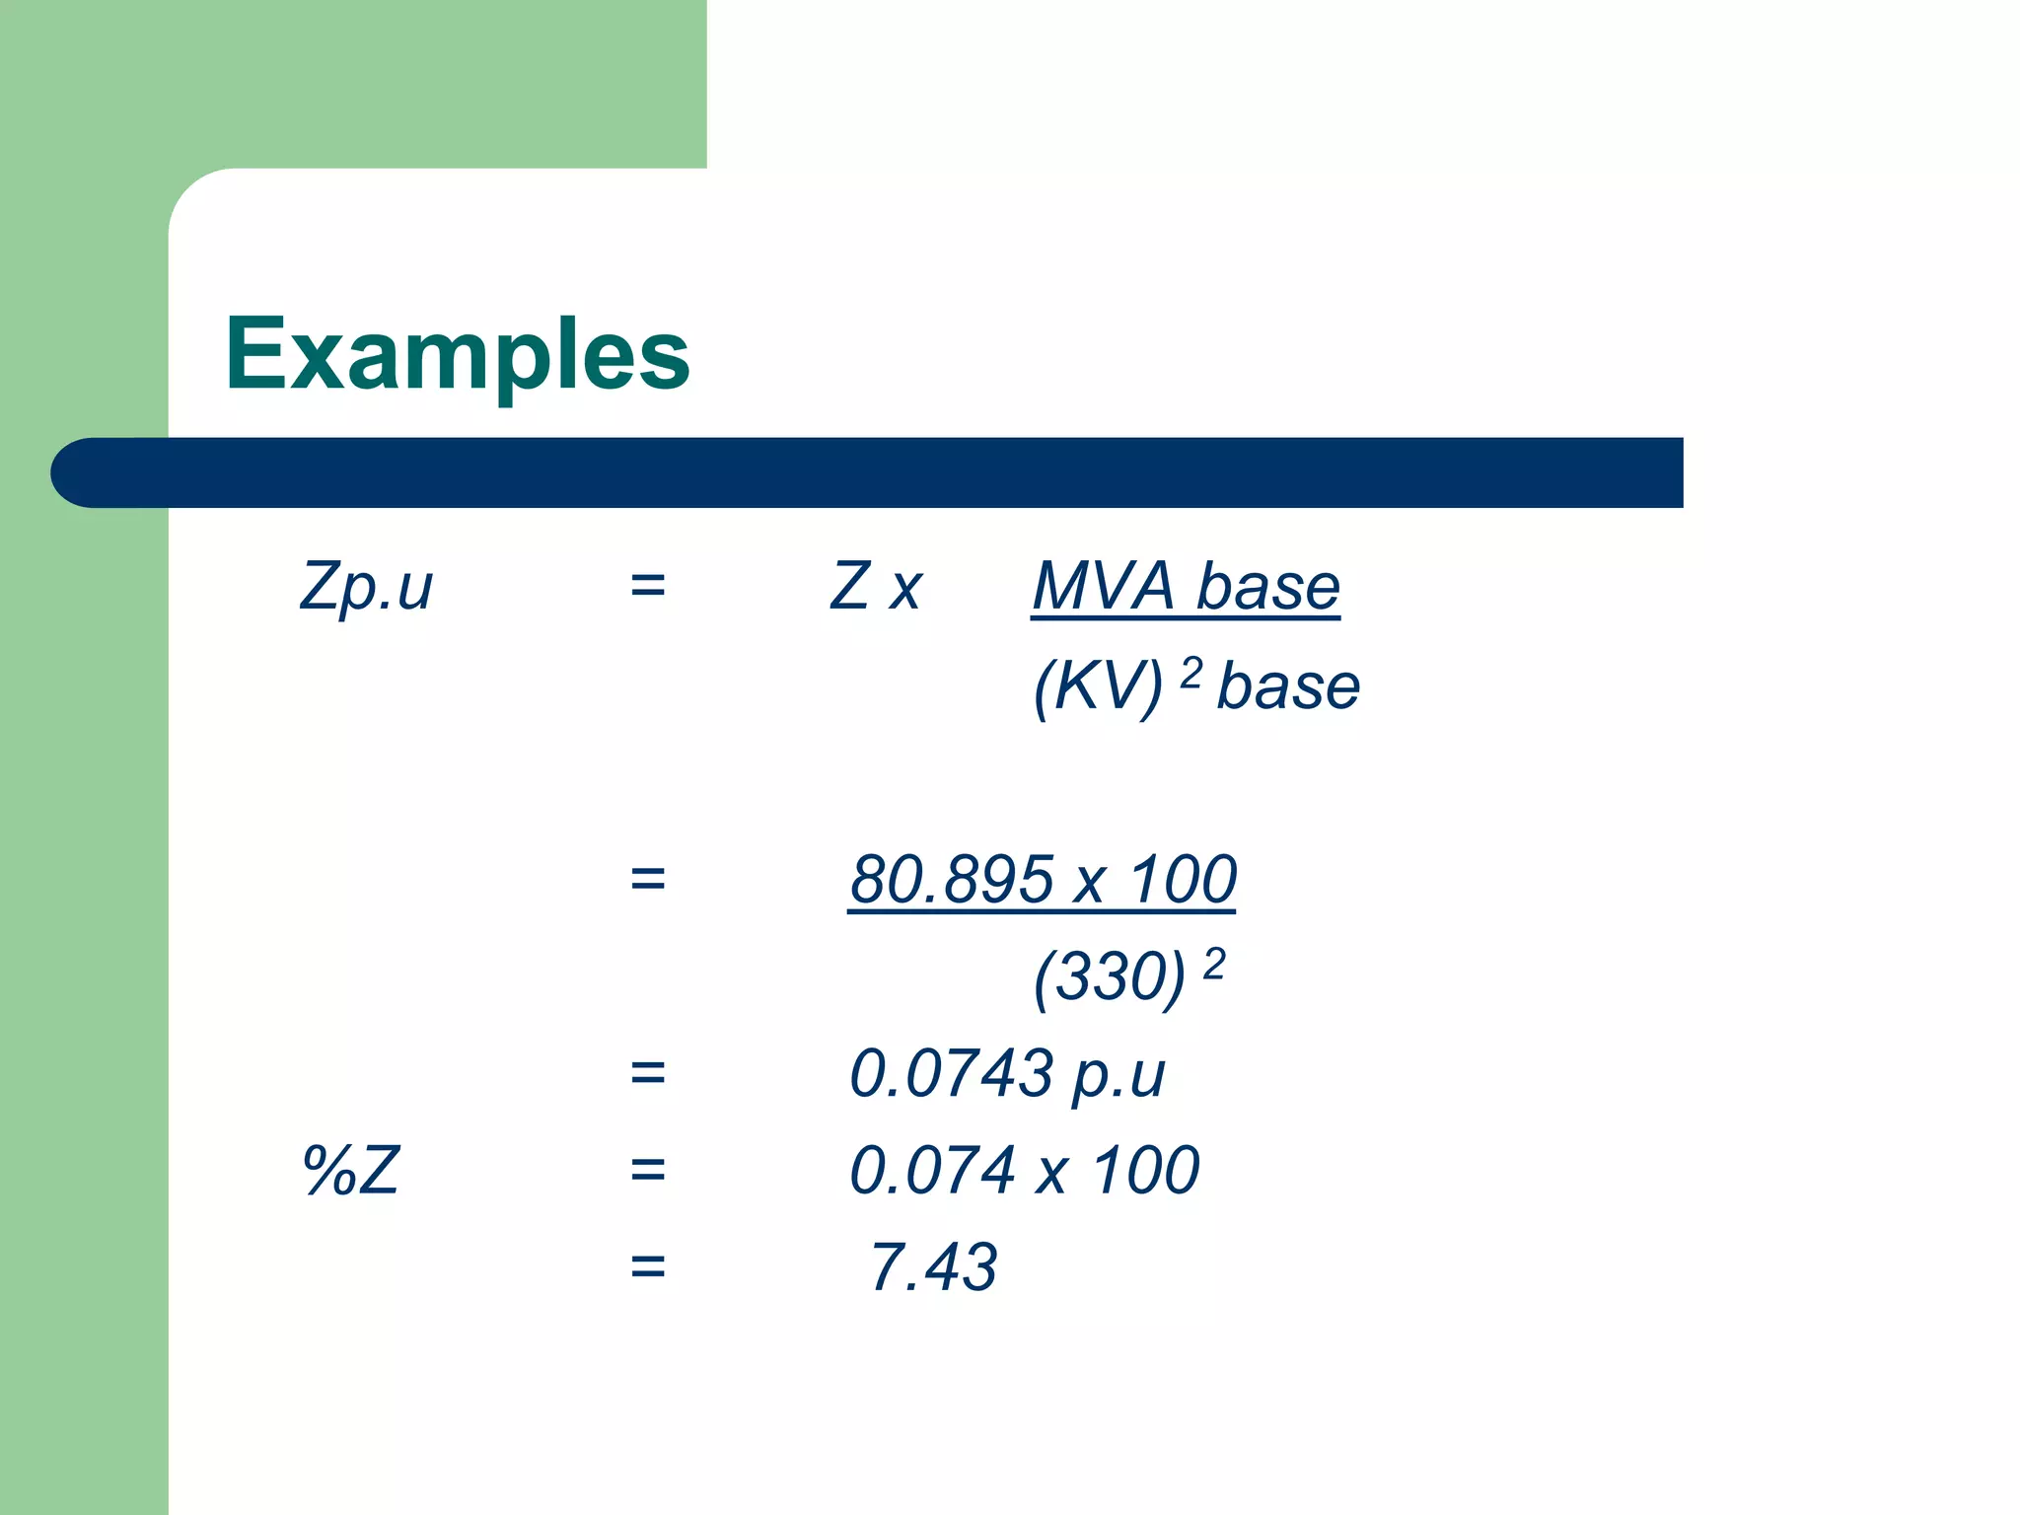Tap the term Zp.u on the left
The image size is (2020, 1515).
point(366,587)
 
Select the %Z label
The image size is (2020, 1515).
point(351,1171)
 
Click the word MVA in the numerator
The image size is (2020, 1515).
point(1104,587)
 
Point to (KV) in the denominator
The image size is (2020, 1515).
point(1098,686)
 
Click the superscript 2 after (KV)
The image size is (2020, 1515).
point(1191,673)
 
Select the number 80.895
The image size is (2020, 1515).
point(952,879)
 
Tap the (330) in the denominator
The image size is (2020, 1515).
point(1109,977)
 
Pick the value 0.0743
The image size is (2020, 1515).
point(952,1073)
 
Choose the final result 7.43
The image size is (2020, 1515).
point(933,1266)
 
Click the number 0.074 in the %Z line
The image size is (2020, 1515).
point(933,1171)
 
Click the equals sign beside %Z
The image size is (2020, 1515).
point(648,1171)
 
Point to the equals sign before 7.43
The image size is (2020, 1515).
point(648,1266)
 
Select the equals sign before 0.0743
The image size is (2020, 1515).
point(648,1073)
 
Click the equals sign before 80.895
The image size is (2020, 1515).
point(648,879)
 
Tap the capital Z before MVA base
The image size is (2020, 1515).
point(850,587)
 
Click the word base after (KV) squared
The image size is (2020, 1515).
point(1288,686)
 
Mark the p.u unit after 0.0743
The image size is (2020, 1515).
point(1118,1075)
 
